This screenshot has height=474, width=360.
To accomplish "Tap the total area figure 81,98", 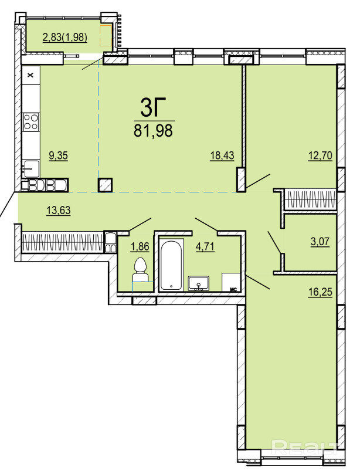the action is click(x=154, y=131).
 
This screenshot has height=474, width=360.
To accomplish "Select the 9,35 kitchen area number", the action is click(x=59, y=155).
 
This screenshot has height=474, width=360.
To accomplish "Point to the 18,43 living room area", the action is click(x=222, y=155).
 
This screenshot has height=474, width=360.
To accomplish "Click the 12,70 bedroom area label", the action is click(x=320, y=155).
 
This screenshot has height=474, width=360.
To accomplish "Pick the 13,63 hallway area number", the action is click(x=59, y=210).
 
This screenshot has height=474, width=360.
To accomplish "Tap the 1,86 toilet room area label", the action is click(x=140, y=246).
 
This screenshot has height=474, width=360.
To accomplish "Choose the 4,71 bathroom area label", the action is click(x=205, y=246).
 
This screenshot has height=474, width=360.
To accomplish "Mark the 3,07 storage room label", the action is click(x=320, y=242).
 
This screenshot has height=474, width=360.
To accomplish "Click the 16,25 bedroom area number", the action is click(x=320, y=292).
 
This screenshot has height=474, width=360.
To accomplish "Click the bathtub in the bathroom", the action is click(x=171, y=265).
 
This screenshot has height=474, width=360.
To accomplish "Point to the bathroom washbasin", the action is click(x=199, y=283).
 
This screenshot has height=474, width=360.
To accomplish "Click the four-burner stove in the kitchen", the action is click(x=31, y=121).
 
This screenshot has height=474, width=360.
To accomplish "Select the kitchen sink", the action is click(x=31, y=169).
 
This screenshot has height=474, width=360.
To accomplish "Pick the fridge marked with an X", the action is click(x=31, y=75).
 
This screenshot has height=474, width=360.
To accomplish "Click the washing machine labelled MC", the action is click(x=232, y=282).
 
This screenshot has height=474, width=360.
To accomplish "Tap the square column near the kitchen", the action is click(x=106, y=185).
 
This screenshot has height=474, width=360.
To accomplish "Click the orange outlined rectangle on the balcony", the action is click(x=106, y=36).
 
